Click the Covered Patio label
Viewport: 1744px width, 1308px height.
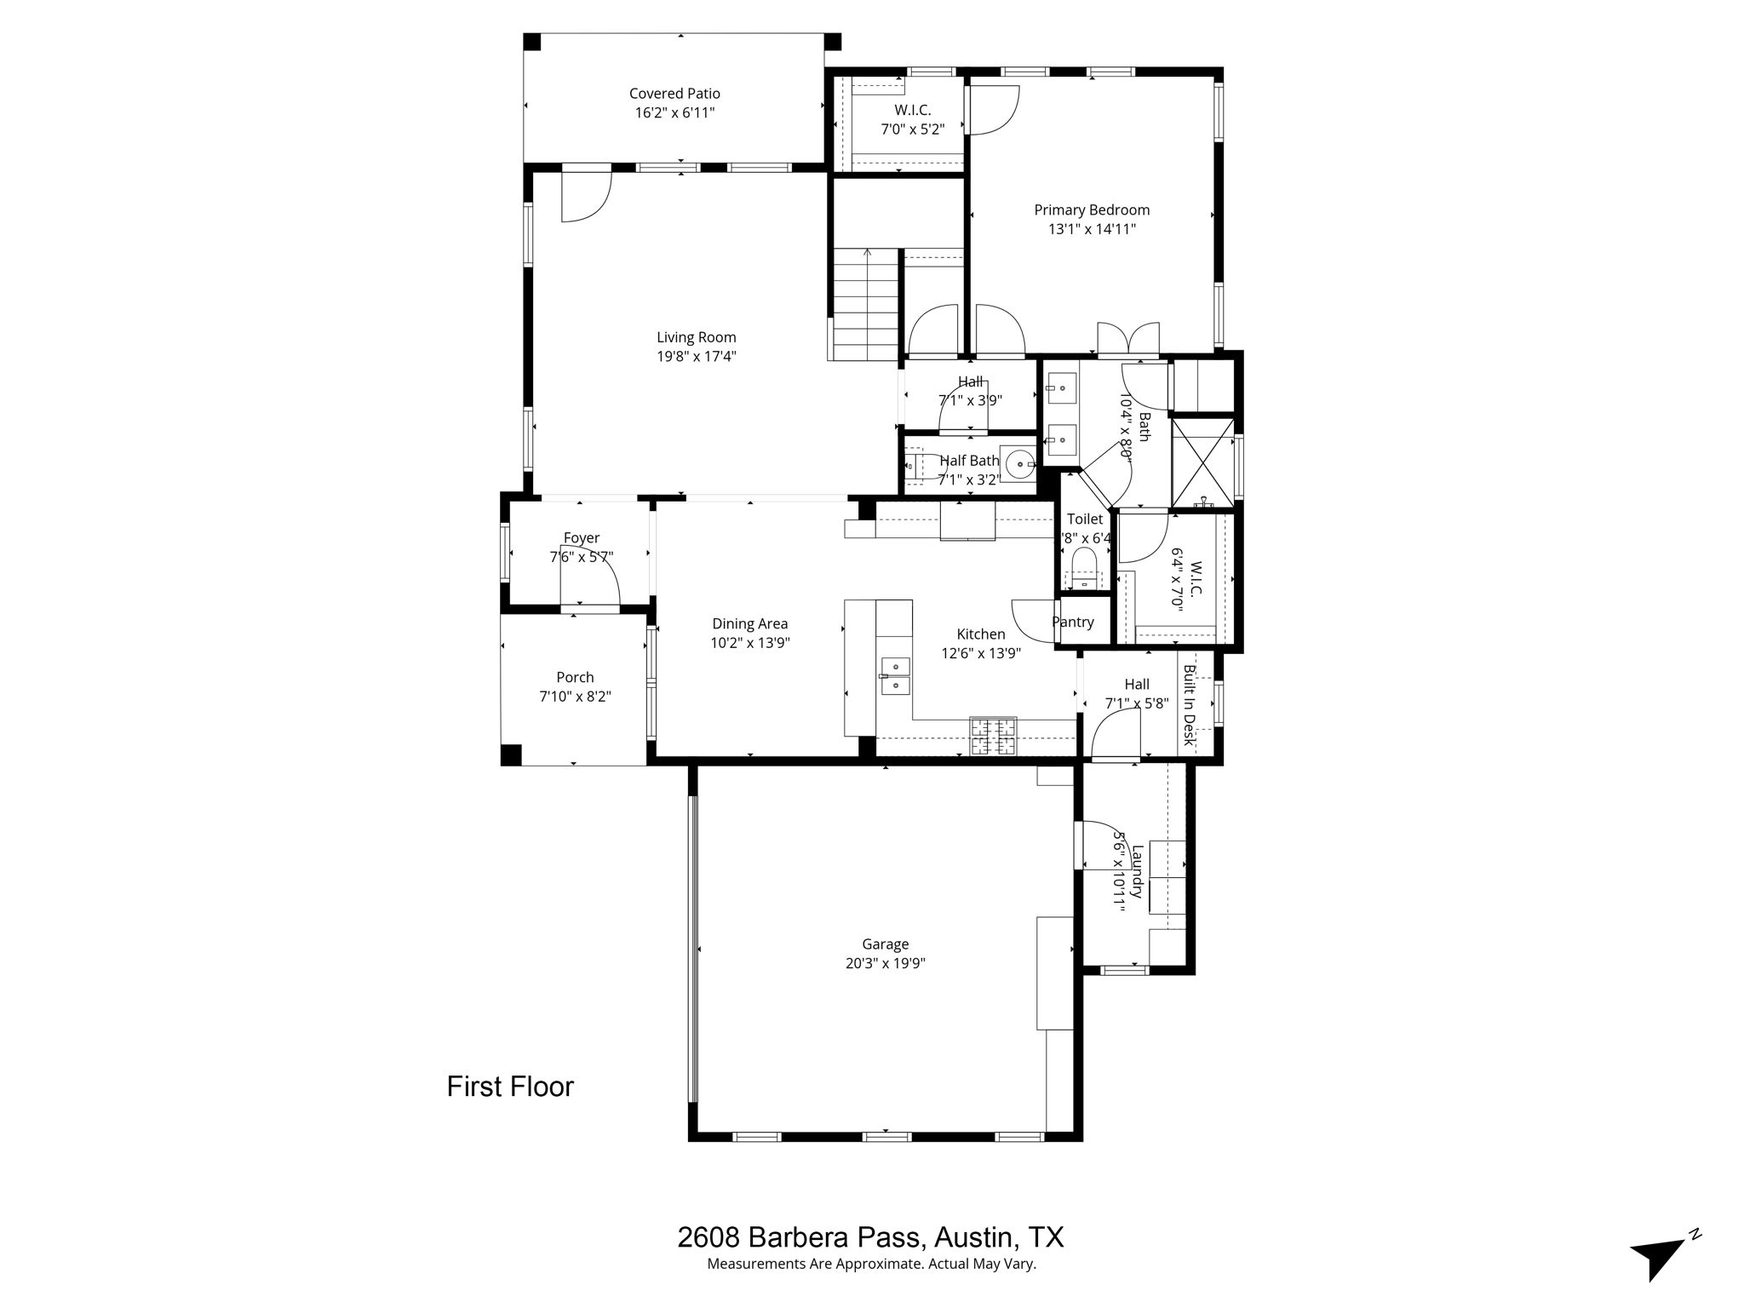point(674,94)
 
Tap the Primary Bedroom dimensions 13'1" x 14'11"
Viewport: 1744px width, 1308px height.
point(1092,229)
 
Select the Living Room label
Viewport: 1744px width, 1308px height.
point(696,337)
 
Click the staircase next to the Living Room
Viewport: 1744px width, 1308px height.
point(866,303)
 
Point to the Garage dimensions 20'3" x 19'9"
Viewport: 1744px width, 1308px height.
point(885,964)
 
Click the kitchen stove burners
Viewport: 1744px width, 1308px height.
point(993,737)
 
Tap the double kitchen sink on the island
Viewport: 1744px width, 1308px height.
point(895,675)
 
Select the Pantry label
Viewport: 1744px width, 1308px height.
point(1072,622)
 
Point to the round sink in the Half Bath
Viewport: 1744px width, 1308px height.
point(1018,464)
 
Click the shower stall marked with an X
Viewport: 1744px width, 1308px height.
point(1202,463)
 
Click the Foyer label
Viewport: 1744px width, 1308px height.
point(581,537)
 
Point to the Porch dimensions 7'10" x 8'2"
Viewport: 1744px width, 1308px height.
point(575,697)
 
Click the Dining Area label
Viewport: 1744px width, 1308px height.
point(749,624)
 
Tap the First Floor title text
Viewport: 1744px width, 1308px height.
point(510,1087)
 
